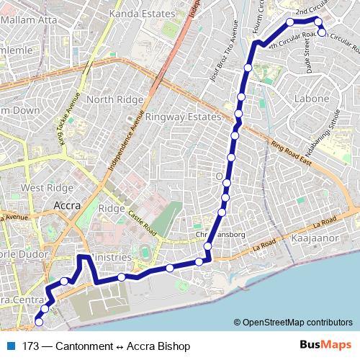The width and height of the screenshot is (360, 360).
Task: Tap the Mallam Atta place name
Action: [29, 19]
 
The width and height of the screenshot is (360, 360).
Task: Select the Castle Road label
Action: [141, 220]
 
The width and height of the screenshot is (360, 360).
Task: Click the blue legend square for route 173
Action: [11, 346]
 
